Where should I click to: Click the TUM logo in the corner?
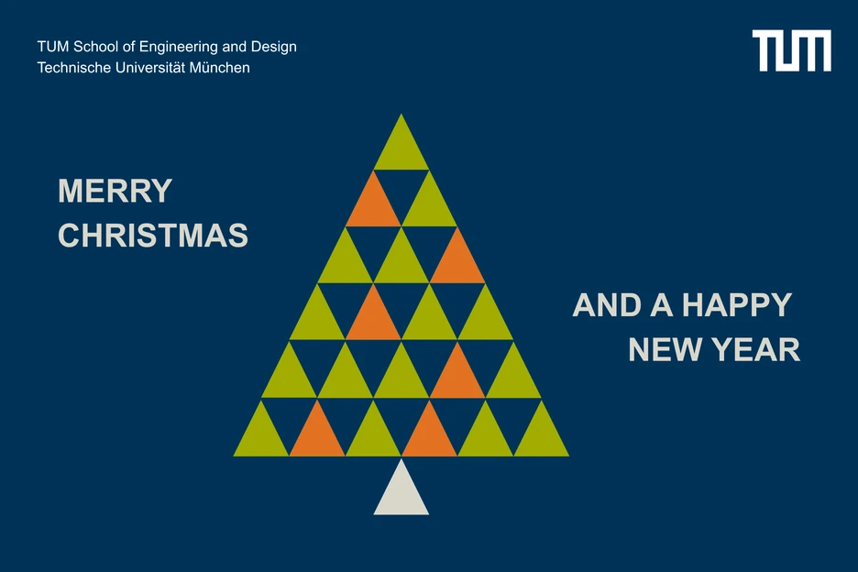[791, 50]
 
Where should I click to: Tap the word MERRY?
[115, 192]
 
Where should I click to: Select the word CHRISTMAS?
[153, 236]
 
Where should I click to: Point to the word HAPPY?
[737, 305]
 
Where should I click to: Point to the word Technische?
[71, 68]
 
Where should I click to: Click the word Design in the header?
[274, 47]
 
